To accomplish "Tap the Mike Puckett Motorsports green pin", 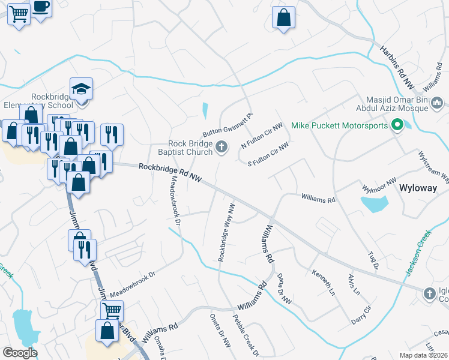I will tap(397, 125).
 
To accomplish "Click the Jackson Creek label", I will tap(418, 253).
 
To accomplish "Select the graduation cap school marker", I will tap(81, 90).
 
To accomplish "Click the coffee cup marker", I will tap(41, 8).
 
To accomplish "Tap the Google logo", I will tap(20, 353).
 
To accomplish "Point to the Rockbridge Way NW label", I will tap(226, 232).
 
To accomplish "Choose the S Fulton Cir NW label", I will tap(268, 154).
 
